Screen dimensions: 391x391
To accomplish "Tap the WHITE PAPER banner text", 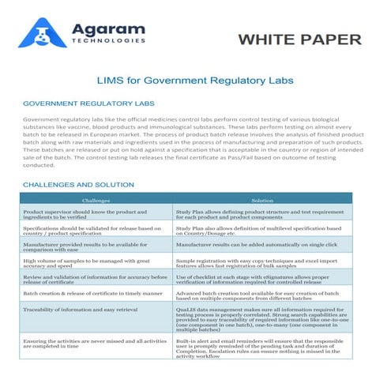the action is (299, 39).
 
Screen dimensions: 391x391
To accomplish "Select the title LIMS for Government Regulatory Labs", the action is (195, 80).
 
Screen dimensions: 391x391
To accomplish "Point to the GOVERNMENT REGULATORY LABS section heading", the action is (88, 103).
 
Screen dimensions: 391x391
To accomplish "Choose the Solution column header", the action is (262, 201).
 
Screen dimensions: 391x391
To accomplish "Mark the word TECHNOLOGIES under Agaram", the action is (107, 40).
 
